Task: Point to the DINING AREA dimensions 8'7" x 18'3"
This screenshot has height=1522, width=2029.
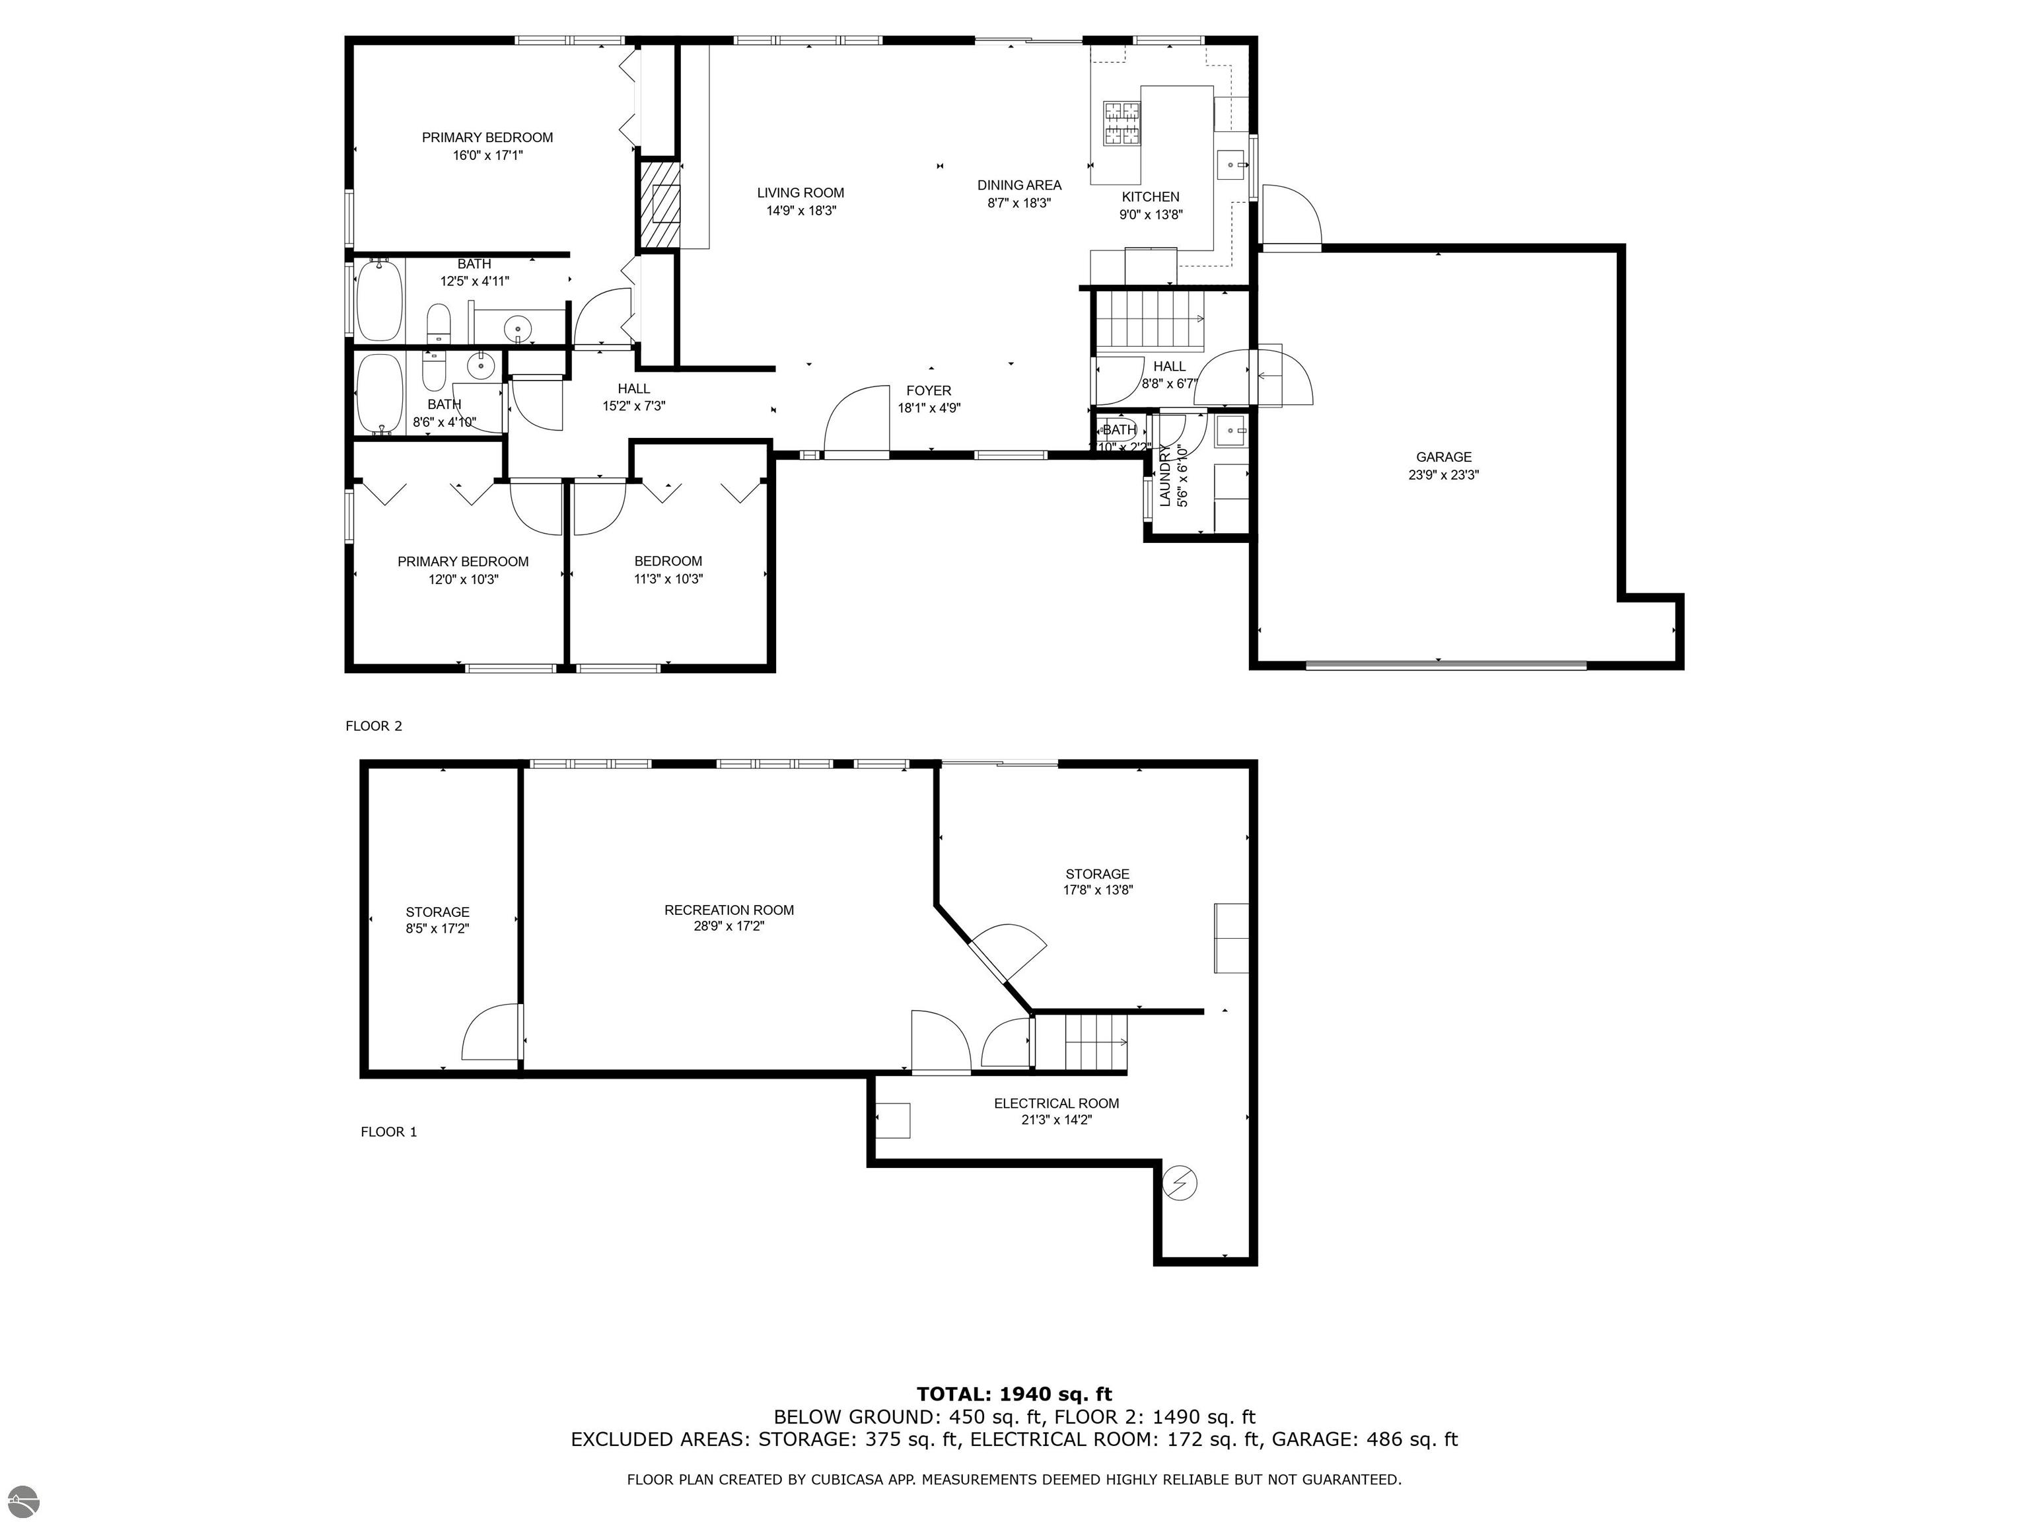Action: tap(1018, 203)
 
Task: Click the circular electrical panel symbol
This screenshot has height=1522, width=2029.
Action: tap(1180, 1184)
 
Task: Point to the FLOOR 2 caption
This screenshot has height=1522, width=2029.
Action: tap(373, 726)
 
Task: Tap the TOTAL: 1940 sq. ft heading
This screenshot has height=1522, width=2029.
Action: tap(1014, 1395)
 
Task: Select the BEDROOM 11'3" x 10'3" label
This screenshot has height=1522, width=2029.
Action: tap(668, 569)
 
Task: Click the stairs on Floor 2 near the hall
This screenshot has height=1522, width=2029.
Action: tap(1151, 319)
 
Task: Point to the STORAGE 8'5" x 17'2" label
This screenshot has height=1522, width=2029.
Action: tap(437, 920)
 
